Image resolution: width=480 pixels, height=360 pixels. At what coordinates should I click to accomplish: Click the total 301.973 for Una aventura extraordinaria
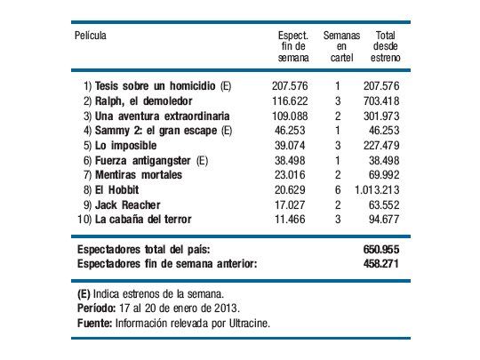pos(380,116)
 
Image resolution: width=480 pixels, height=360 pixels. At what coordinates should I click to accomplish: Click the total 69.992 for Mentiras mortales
pos(383,174)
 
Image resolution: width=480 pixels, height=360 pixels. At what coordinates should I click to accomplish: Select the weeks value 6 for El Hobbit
pos(338,189)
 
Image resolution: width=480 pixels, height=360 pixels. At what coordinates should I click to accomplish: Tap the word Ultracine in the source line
pos(244,324)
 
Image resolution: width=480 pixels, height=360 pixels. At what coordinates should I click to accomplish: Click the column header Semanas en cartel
pos(340,46)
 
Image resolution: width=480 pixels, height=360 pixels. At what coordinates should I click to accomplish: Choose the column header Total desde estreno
pos(385,46)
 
